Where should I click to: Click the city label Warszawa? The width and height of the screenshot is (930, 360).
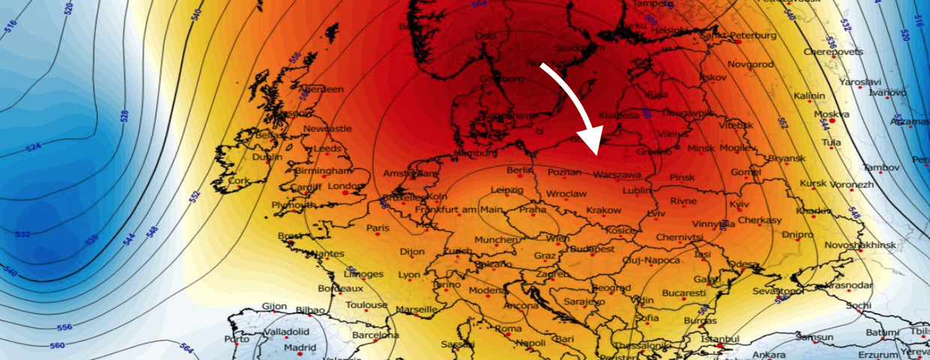click(617, 175)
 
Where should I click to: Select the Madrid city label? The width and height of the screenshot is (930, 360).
click(300, 347)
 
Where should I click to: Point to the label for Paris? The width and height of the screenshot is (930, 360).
click(378, 228)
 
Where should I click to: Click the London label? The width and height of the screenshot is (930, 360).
click(346, 186)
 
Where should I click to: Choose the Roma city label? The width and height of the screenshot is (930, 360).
click(508, 328)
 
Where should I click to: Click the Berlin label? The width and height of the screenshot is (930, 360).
click(520, 170)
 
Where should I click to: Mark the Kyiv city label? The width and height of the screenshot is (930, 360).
click(739, 204)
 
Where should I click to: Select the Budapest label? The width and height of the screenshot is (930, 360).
click(593, 248)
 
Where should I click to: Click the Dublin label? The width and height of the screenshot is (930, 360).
click(268, 157)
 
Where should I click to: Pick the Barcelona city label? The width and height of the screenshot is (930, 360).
click(376, 334)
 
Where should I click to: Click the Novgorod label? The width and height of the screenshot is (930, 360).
click(747, 65)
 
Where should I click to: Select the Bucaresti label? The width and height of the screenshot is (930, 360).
click(683, 292)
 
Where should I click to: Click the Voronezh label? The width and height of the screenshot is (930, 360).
click(852, 184)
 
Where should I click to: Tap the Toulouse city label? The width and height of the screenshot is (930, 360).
click(366, 304)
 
